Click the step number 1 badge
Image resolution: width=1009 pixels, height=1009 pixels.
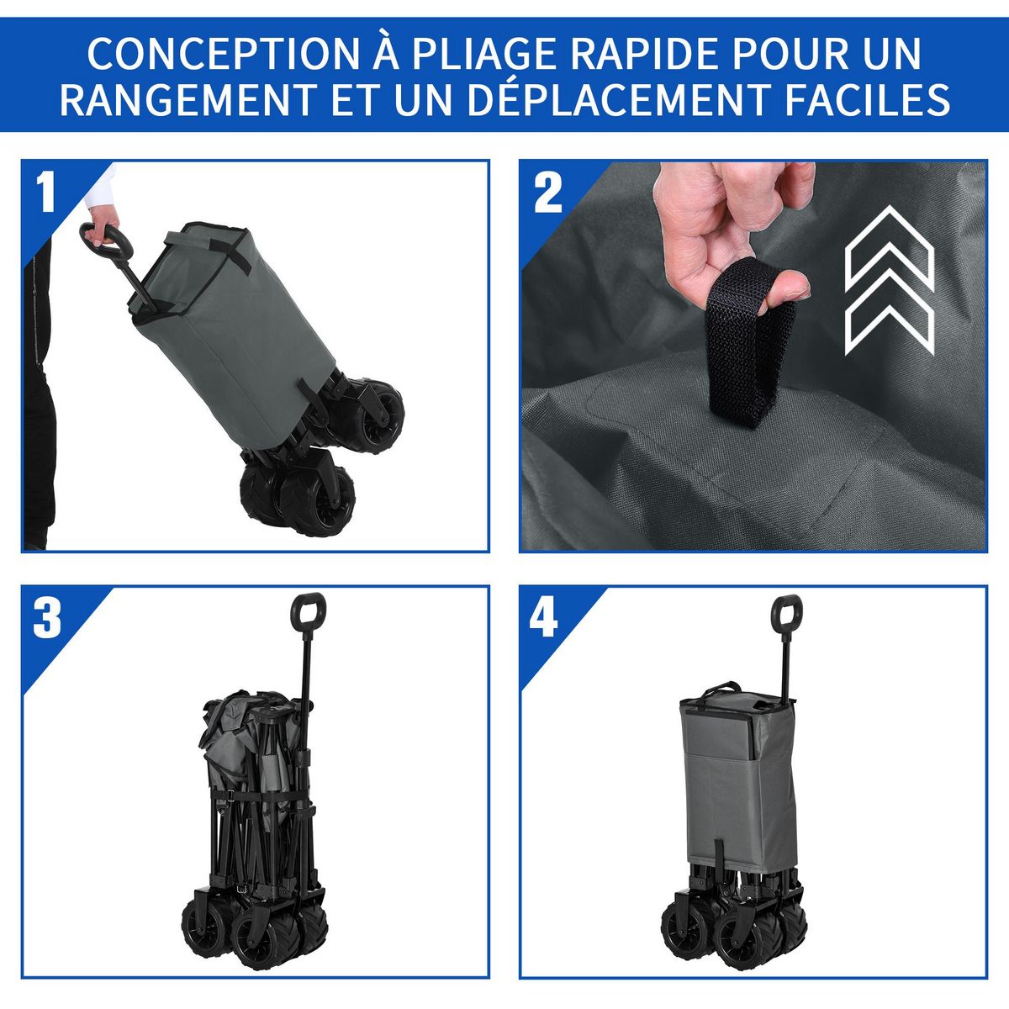46,193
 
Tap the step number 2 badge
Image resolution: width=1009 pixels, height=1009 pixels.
547,193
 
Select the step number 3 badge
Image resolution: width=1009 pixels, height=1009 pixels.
47,620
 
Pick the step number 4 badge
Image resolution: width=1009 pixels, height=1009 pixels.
544,620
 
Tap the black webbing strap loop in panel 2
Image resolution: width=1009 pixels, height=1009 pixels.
748,353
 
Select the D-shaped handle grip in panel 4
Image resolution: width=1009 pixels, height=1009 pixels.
786,611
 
